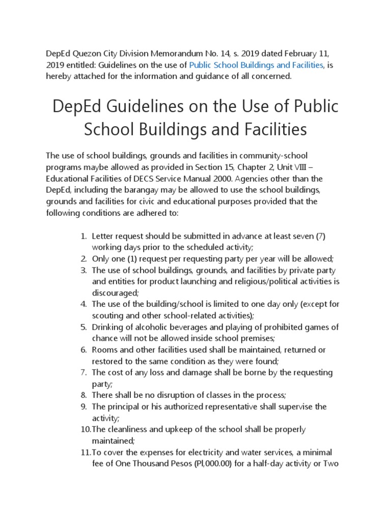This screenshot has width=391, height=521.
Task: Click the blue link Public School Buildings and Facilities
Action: (256, 65)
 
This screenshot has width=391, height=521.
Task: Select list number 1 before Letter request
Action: (84, 236)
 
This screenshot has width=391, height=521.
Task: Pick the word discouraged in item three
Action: (114, 293)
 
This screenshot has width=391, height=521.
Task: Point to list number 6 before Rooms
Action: (84, 350)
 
